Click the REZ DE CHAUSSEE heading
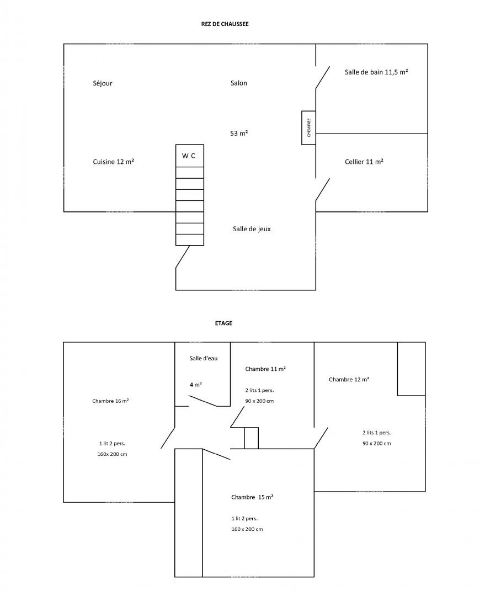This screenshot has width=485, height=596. click(x=225, y=24)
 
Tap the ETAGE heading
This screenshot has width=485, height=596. click(x=223, y=323)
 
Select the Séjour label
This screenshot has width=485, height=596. click(x=103, y=83)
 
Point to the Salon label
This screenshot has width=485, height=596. click(x=239, y=83)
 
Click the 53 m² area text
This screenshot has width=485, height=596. click(x=239, y=133)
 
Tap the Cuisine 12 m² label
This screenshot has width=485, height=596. click(x=113, y=162)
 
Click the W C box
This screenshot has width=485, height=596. click(x=190, y=156)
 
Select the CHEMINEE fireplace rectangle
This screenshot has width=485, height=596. click(x=308, y=127)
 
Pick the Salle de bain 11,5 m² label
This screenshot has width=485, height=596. click(x=376, y=72)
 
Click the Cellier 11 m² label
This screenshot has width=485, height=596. click(x=364, y=162)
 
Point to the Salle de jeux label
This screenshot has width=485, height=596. click(x=252, y=229)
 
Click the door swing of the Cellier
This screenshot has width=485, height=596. click(x=323, y=189)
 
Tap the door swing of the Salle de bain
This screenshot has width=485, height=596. click(x=323, y=78)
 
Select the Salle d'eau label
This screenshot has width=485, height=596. click(x=204, y=358)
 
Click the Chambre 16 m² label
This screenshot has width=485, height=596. click(x=110, y=401)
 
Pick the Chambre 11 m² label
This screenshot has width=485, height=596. click(x=265, y=369)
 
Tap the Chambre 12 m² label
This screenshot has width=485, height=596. click(x=349, y=379)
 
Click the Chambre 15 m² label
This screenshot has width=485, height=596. click(x=252, y=497)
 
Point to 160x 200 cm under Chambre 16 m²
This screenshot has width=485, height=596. click(x=112, y=454)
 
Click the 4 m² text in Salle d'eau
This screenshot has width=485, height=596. click(x=196, y=385)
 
